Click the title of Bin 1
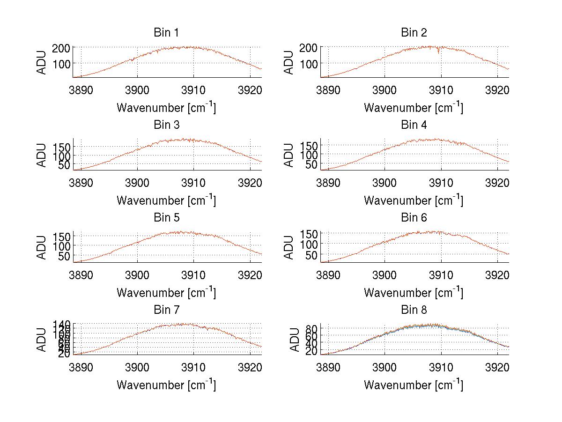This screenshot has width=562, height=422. pos(166,33)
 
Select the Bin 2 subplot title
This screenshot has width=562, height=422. pos(414,33)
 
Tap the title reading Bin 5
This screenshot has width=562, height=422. pos(166,218)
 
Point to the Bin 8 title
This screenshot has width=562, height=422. pos(414,310)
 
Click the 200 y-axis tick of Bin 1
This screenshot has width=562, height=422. pos(64,48)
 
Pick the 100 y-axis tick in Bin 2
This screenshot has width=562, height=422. pos(311,63)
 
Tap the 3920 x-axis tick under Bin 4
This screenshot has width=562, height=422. pos(497,182)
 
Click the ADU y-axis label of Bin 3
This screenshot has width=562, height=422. pos(42,155)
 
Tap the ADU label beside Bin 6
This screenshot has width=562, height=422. pos(289,247)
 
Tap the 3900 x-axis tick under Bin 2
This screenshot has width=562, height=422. pos(385,89)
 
